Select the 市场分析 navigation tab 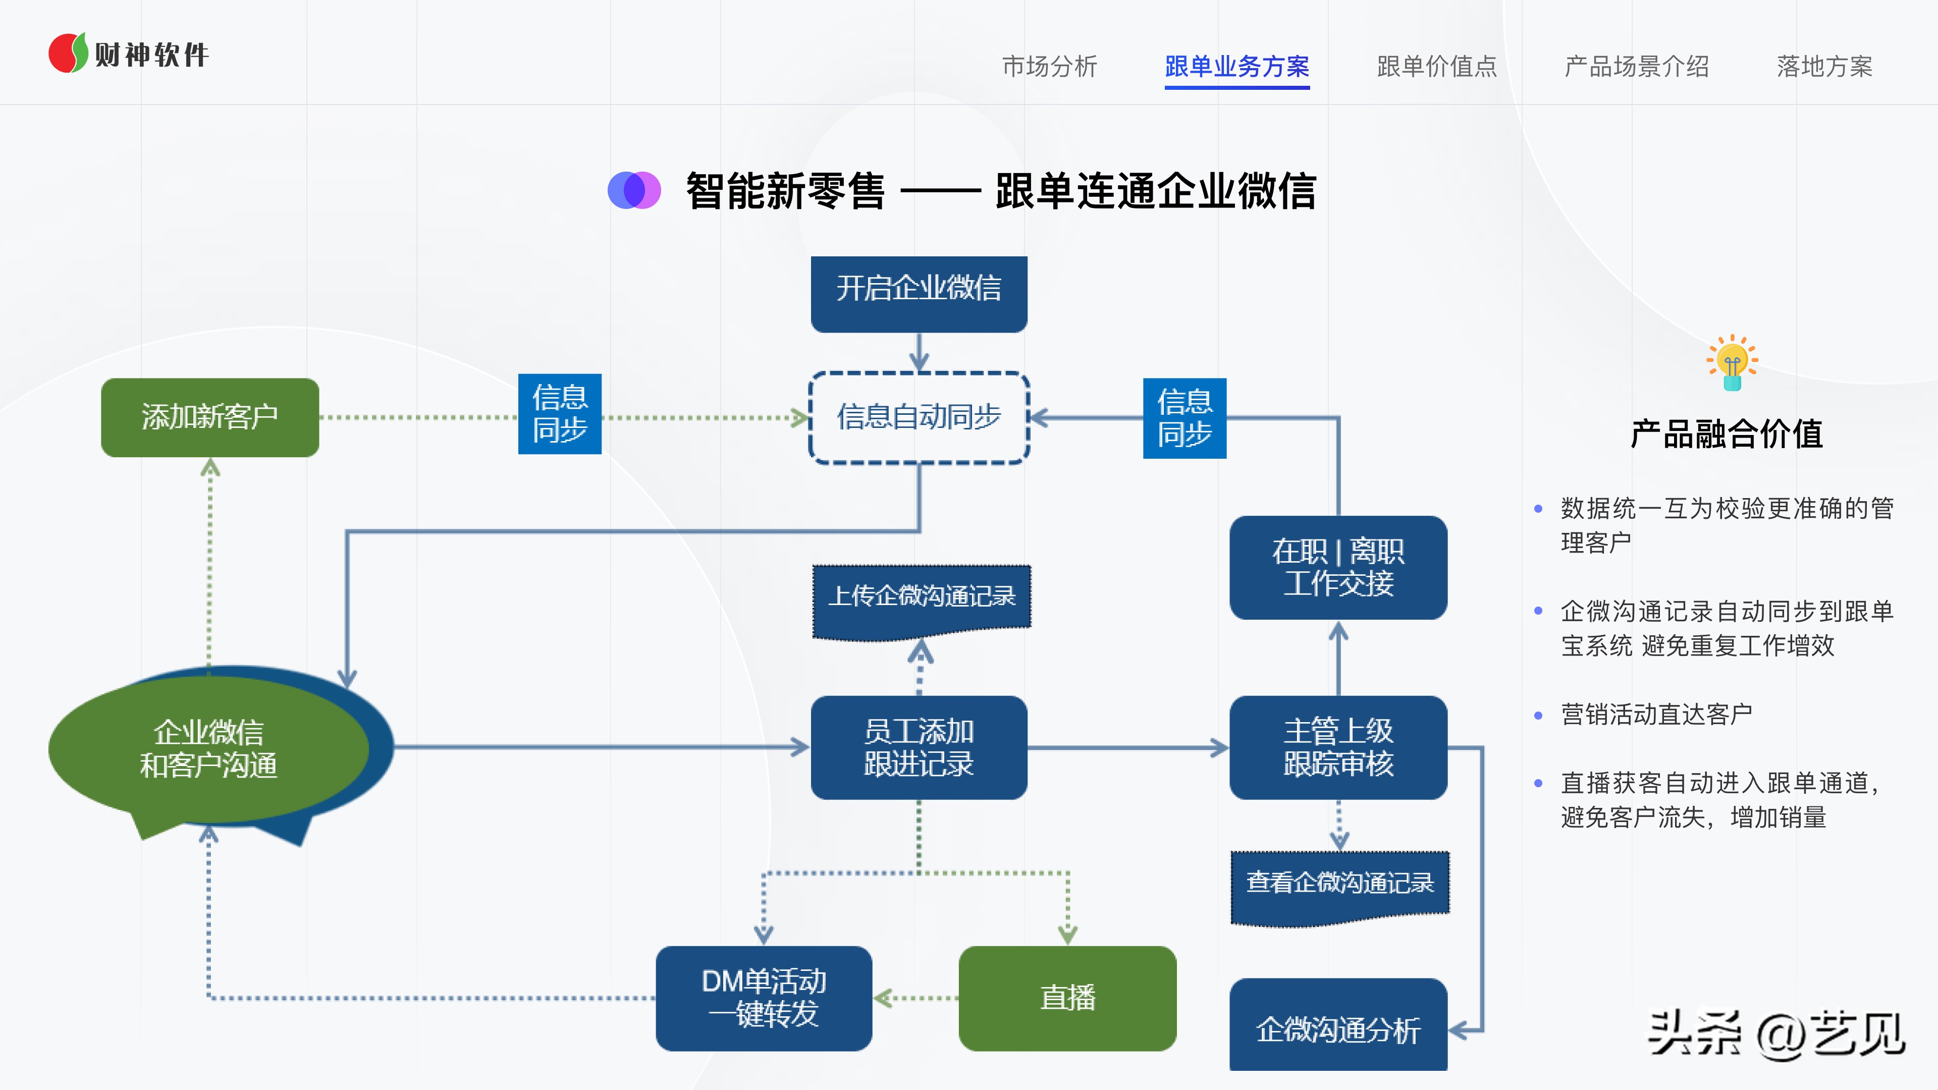(1050, 66)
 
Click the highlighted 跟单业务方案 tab (1237, 66)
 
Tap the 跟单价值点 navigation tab (1436, 66)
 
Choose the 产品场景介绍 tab (1636, 66)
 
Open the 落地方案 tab (1824, 66)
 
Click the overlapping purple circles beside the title (634, 190)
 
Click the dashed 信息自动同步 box (919, 417)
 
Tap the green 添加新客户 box (210, 417)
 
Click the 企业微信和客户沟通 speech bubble (208, 748)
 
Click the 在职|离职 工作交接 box (1337, 568)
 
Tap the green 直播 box (1067, 998)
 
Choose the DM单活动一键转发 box (764, 998)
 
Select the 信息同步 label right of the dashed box (1184, 418)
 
